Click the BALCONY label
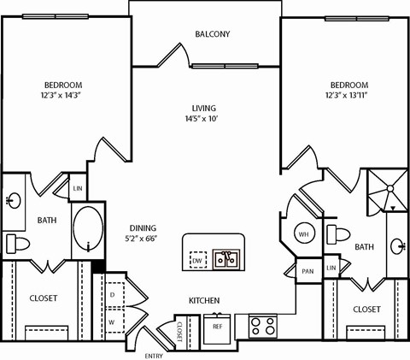pos(212,34)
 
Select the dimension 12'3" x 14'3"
pos(64,97)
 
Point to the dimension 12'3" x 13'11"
pos(348,97)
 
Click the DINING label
pos(142,227)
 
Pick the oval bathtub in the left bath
pos(87,228)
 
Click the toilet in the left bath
pos(18,244)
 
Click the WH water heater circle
pos(303,233)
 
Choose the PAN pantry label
pos(307,271)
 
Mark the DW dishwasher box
pos(197,260)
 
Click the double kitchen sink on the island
pos(225,258)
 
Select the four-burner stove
pos(262,326)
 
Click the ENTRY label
pos(155,355)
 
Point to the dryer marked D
pos(113,295)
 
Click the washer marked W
pos(113,322)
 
